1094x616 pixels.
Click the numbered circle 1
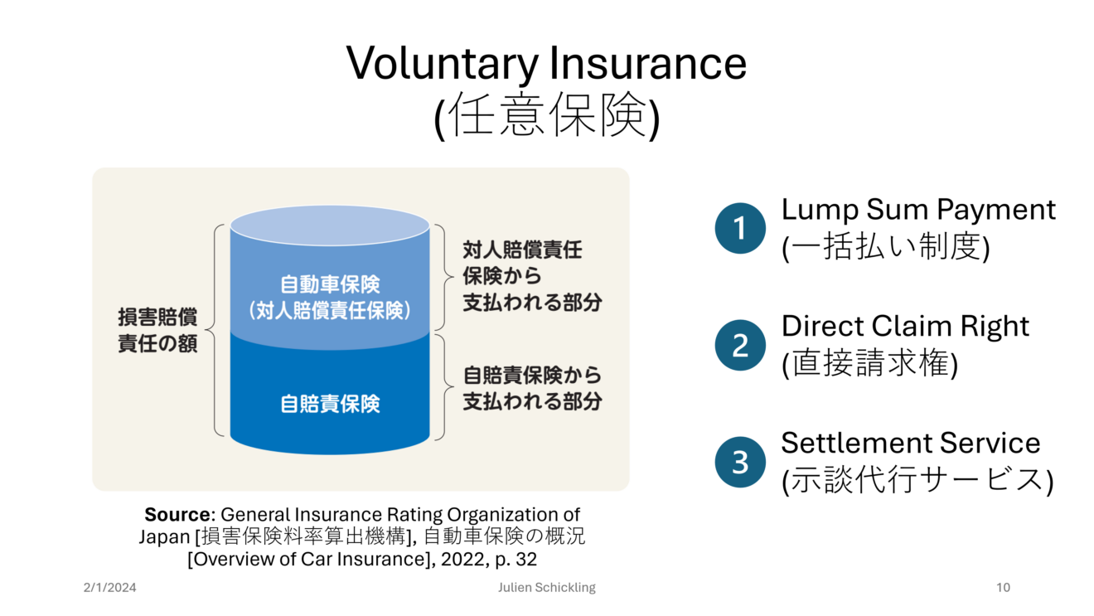[740, 228]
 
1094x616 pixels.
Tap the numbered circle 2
[740, 345]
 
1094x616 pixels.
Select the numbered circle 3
[740, 462]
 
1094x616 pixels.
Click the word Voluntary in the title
[442, 64]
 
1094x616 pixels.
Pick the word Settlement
[856, 443]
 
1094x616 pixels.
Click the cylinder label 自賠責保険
[330, 404]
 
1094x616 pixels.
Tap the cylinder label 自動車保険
[330, 284]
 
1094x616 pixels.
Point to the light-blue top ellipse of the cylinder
[330, 226]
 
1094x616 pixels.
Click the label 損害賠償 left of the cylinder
[157, 317]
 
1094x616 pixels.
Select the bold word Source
[177, 514]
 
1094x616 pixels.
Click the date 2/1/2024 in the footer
[110, 587]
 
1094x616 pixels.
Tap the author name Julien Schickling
[547, 588]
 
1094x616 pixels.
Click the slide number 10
[1003, 587]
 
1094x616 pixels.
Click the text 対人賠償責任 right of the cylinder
[523, 250]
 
